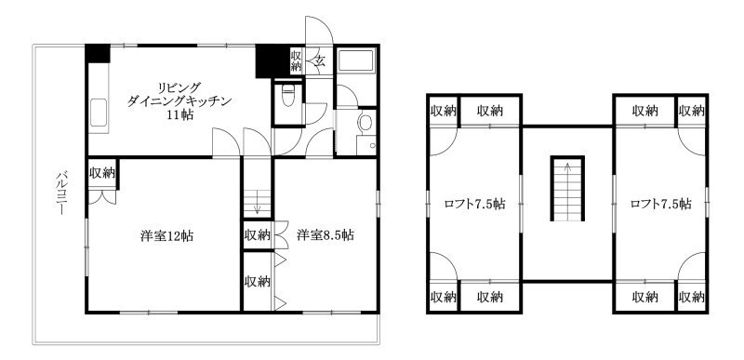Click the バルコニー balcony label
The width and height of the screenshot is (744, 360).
coord(60,193)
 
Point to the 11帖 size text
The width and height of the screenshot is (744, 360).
coord(179,115)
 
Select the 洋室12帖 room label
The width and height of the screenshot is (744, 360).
coord(167,236)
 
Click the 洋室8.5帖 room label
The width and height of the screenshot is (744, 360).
coord(325,235)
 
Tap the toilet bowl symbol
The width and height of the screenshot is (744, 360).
coord(288,97)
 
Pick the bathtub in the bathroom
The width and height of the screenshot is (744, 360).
coord(356,60)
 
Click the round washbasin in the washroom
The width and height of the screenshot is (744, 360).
coord(365,123)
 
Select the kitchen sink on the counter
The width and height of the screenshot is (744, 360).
coord(99,113)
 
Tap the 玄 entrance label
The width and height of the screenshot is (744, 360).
coord(320,60)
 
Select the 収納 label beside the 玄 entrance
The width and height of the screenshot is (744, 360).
coord(297,60)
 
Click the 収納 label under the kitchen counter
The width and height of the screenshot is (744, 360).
coord(102,173)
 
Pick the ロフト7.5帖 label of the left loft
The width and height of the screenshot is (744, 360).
coord(474,205)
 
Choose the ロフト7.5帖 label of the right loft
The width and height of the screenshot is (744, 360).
coord(660,205)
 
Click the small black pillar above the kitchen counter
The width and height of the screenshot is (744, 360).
coord(98,53)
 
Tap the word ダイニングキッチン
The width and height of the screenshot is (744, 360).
coord(179,101)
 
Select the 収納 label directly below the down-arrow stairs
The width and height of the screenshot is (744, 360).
coord(258,235)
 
